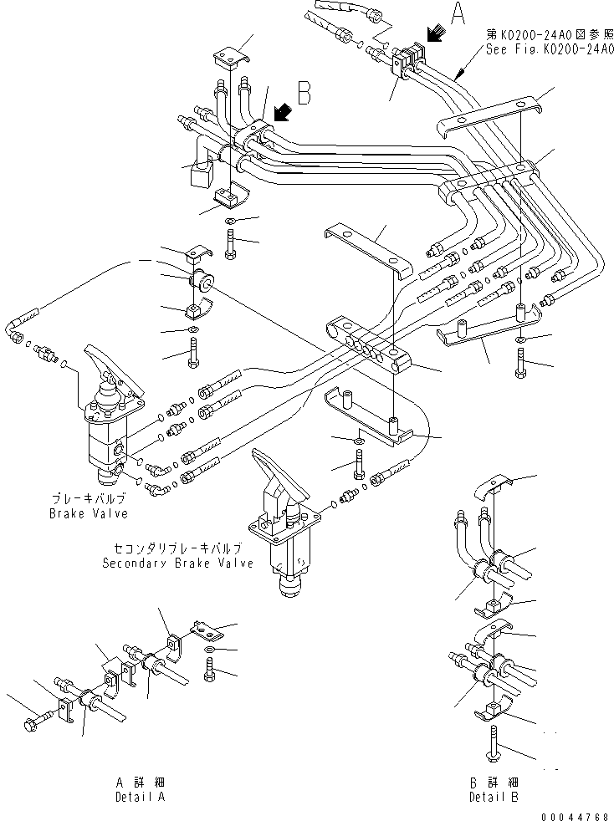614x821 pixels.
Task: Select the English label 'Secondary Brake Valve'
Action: (x=177, y=563)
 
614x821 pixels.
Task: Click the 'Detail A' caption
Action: (x=140, y=797)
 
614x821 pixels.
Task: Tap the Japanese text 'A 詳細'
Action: (x=140, y=783)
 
